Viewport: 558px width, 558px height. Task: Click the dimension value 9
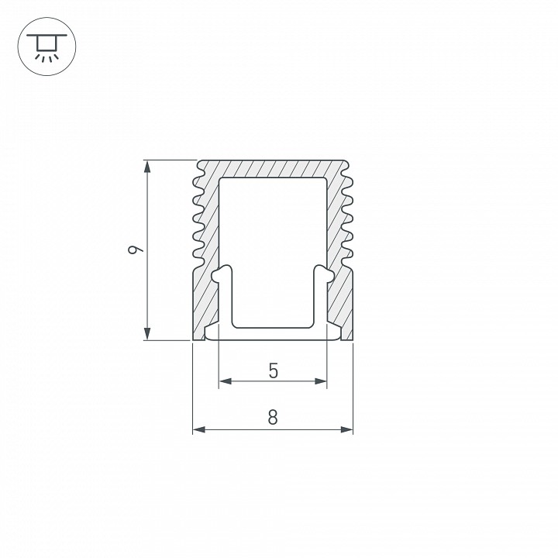coord(135,250)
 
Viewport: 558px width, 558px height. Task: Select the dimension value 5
coord(273,370)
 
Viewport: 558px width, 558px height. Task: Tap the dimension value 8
coord(273,418)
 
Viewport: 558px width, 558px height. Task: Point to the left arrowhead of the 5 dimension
coord(226,381)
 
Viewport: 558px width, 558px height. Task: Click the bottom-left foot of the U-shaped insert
coord(211,334)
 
